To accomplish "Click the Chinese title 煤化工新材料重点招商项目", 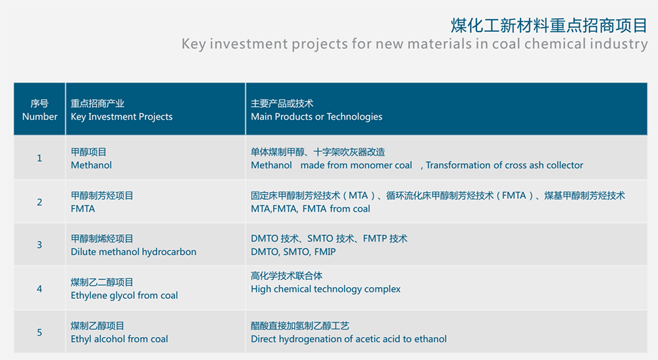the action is [549, 26].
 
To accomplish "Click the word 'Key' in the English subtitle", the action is [193, 44].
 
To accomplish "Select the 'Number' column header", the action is [40, 116].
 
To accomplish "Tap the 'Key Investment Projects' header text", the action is [122, 116].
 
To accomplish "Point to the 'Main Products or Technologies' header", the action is [316, 116].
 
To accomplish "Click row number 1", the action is [39, 158].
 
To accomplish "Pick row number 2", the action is [39, 202].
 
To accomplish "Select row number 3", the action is [39, 245].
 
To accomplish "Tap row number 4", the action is [39, 289].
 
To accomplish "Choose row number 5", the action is [39, 332].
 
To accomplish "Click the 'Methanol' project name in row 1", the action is [91, 165].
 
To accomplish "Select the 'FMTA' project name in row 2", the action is [83, 209].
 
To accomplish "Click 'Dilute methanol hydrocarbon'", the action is [134, 252].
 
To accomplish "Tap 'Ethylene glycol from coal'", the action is [124, 296].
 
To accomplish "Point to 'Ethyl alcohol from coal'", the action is [119, 339].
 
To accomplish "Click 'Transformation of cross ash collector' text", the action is [505, 165].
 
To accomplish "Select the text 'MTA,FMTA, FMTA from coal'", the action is [311, 209].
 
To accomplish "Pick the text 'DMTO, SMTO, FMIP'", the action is [293, 252].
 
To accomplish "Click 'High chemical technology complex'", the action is [326, 289].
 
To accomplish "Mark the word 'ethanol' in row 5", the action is [430, 339].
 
